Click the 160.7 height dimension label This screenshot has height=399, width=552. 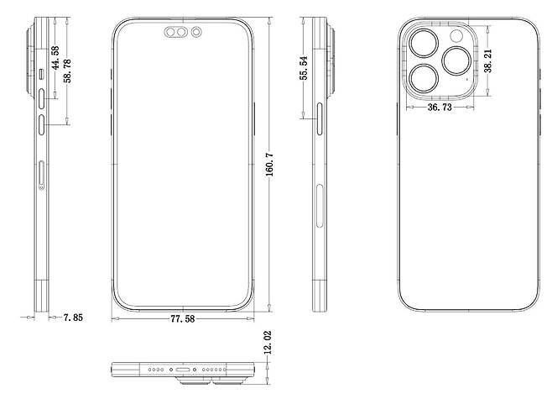pyautogui.click(x=269, y=165)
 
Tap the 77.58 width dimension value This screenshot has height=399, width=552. pyautogui.click(x=183, y=319)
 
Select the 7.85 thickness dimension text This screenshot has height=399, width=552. pyautogui.click(x=73, y=318)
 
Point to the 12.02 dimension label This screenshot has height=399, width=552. pyautogui.click(x=268, y=343)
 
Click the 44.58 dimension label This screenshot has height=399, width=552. pyautogui.click(x=55, y=57)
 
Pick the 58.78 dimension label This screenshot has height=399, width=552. pyautogui.click(x=67, y=71)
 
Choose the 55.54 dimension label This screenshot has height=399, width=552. pyautogui.click(x=304, y=68)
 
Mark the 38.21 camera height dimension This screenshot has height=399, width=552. pyautogui.click(x=488, y=61)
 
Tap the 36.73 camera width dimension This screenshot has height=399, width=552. pyautogui.click(x=440, y=108)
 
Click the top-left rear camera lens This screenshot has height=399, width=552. pyautogui.click(x=424, y=44)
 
